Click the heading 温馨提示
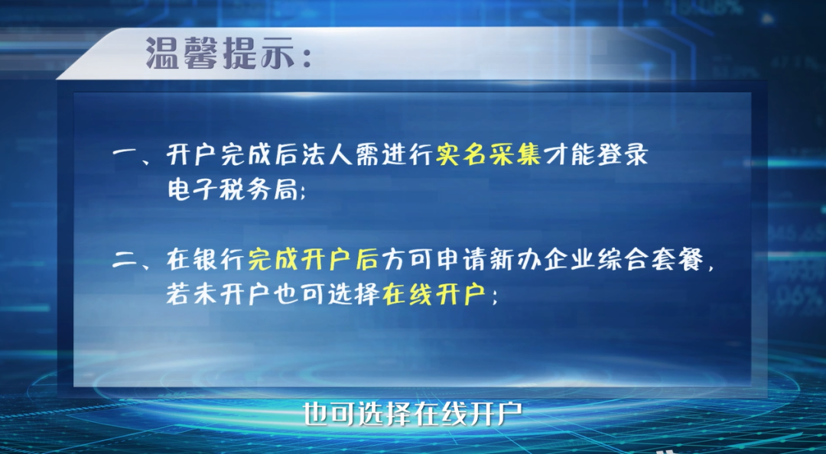tap(220, 54)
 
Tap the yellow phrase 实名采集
tap(488, 155)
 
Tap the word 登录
tap(623, 155)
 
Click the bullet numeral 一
tap(125, 156)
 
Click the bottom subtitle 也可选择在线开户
tap(412, 414)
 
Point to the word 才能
tap(569, 155)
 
